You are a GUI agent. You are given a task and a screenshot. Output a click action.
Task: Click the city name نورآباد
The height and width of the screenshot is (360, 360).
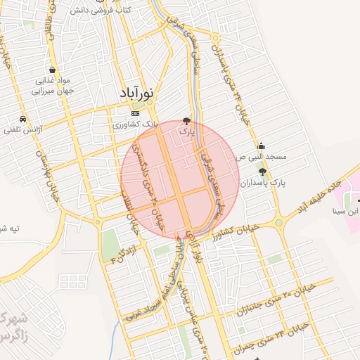coord(137,93)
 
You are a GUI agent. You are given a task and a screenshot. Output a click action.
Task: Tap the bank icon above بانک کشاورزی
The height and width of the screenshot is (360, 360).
coord(136,113)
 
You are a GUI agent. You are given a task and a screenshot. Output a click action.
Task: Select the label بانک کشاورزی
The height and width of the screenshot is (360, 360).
coord(136,124)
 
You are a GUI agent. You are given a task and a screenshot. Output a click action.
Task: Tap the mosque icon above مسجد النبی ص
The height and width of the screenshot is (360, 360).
coord(262,146)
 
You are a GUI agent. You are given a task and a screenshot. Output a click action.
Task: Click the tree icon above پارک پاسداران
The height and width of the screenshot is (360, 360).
coord(262,172)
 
